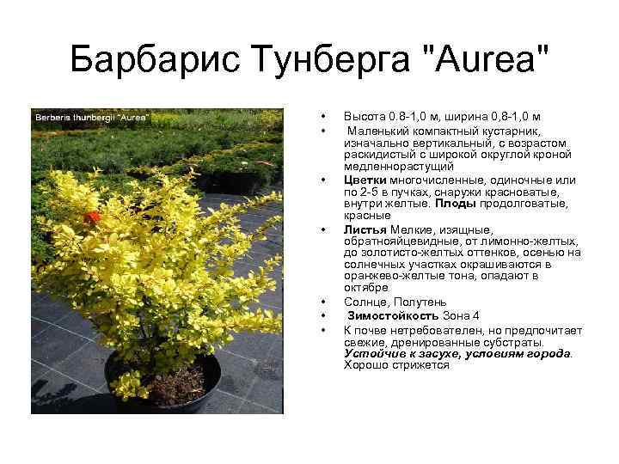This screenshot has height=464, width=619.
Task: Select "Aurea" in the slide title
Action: click(481, 61)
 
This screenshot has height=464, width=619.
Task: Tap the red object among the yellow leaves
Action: click(93, 217)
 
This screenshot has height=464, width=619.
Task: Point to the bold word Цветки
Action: click(365, 180)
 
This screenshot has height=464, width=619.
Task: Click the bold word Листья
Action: click(365, 229)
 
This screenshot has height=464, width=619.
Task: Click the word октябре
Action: click(366, 289)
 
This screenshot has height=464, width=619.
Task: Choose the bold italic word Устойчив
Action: click(372, 353)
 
